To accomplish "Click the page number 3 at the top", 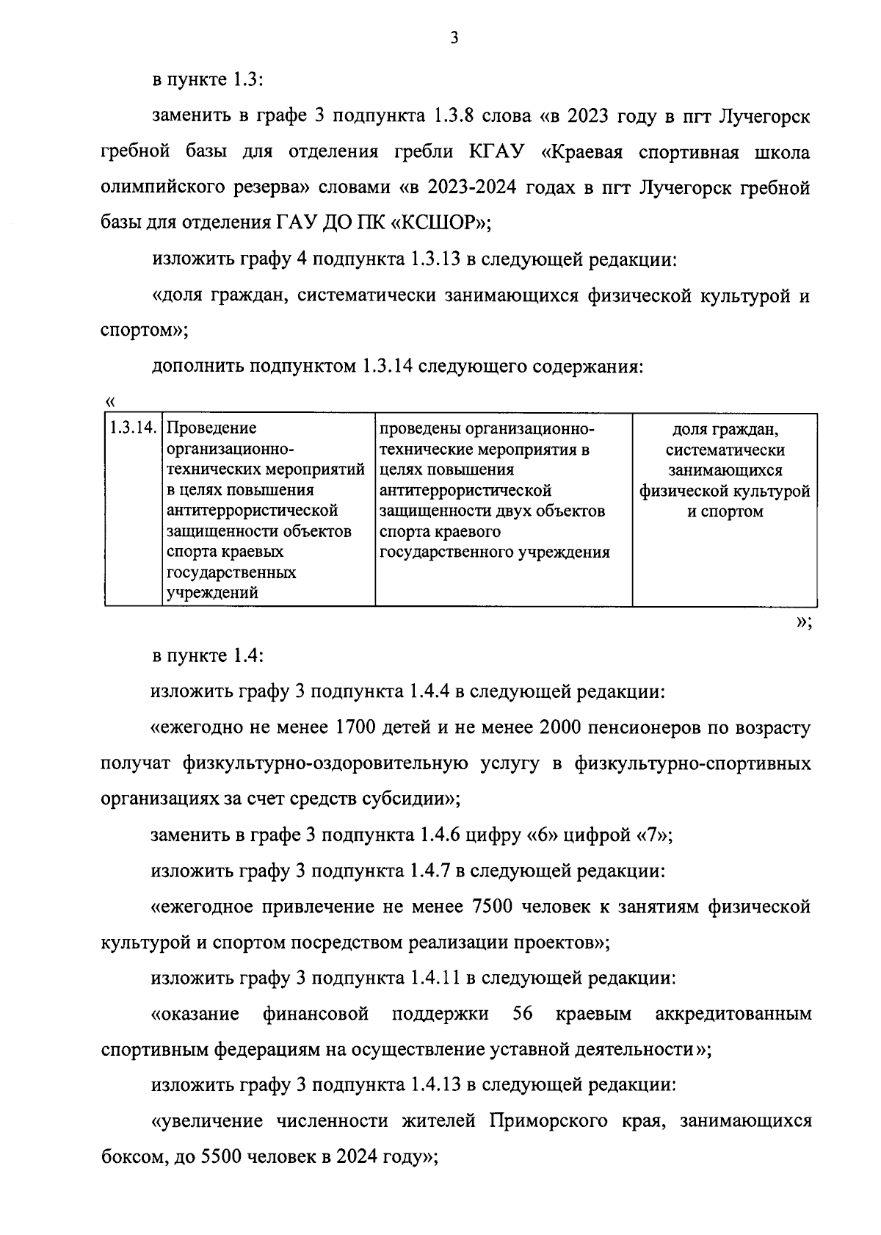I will coord(454,39).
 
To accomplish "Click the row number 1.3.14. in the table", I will coord(134,428).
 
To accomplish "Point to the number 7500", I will coord(487,907).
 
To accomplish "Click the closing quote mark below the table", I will coord(802,622).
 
